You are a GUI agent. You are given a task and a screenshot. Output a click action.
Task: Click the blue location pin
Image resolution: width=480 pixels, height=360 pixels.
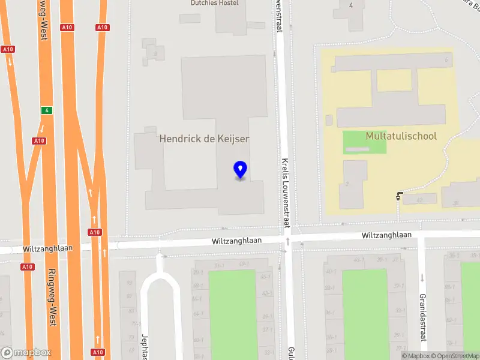tap(240, 170)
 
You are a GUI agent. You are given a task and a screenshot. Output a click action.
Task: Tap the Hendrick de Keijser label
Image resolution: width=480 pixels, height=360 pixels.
tap(204, 139)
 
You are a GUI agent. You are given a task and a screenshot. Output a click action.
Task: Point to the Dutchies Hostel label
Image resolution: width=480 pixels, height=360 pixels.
tap(215, 3)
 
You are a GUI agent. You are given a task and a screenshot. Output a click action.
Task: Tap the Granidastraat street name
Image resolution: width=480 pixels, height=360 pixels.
tap(423, 317)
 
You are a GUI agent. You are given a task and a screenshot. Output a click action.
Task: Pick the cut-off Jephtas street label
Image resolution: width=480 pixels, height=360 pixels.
tap(145, 346)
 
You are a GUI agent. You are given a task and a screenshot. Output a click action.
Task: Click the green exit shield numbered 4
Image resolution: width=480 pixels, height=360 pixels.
tap(46, 110)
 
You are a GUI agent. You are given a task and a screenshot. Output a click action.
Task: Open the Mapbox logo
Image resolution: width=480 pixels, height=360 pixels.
tap(26, 353)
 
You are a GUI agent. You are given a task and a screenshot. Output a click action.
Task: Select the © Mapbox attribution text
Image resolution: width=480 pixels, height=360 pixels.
tap(413, 356)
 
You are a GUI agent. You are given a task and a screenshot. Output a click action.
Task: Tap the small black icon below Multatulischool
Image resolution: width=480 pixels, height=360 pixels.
tap(399, 195)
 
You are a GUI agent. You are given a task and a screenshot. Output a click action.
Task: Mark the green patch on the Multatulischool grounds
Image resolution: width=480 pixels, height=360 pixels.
tap(365, 142)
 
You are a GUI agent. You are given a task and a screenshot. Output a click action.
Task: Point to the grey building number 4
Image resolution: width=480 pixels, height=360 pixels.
tap(351, 6)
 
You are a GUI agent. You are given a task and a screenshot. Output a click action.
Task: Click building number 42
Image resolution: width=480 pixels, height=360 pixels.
tap(419, 199)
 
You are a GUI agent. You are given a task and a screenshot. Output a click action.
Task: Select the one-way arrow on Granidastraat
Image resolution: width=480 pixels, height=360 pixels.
tap(423, 278)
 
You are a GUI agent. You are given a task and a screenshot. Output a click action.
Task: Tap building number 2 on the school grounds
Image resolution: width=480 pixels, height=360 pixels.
tap(347, 184)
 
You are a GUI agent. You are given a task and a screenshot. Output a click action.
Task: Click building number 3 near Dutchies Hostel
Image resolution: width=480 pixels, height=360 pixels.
tap(155, 53)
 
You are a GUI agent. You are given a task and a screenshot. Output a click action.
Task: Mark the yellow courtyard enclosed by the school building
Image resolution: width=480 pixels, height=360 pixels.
tap(394, 80)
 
